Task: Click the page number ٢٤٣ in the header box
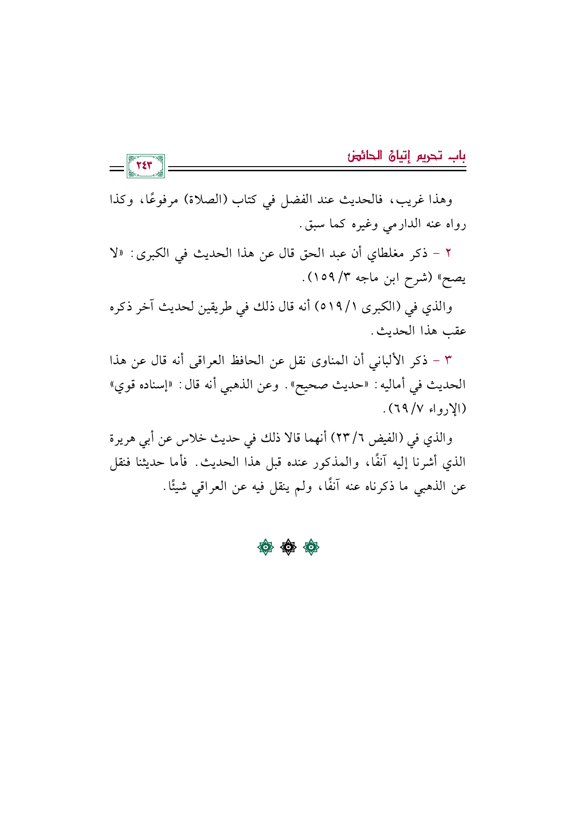click(x=145, y=166)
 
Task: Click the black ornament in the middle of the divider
click(x=288, y=548)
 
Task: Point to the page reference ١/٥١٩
click(x=337, y=307)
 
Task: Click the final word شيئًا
click(x=175, y=487)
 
